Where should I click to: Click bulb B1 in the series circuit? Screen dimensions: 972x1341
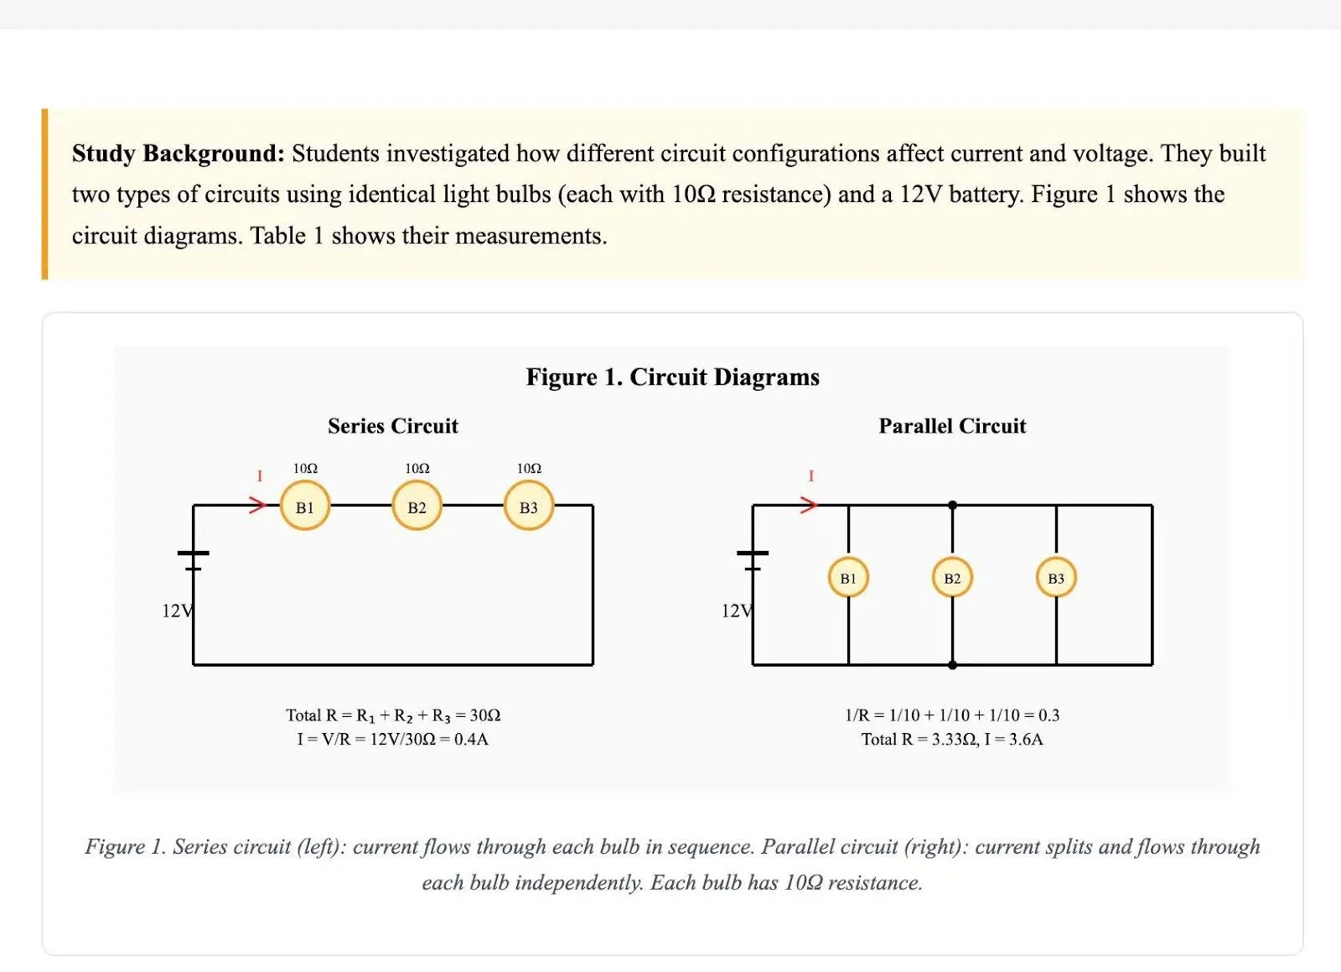[x=304, y=506]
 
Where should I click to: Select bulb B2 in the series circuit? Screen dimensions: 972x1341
[x=417, y=506]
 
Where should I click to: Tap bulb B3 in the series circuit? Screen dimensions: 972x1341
[x=528, y=506]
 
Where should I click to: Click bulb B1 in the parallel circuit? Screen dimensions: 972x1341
[x=848, y=578]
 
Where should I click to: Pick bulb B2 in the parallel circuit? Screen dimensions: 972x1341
[x=952, y=578]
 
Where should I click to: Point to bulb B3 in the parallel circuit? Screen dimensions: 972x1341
[x=1056, y=578]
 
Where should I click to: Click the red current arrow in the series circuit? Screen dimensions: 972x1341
[x=257, y=505]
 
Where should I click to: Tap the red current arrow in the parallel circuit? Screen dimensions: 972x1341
[x=808, y=505]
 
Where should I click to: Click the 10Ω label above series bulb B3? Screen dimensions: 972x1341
[x=529, y=468]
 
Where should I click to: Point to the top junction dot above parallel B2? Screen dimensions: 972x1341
[x=952, y=505]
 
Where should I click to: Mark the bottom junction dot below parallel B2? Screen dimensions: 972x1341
[x=952, y=665]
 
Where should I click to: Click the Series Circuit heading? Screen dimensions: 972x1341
[x=393, y=426]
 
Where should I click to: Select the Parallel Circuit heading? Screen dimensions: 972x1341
[x=952, y=426]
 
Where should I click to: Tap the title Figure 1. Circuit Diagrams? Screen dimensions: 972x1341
[x=672, y=377]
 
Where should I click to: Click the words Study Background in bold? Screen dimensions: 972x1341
[x=178, y=153]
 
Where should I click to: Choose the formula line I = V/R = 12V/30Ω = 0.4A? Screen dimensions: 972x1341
[x=392, y=739]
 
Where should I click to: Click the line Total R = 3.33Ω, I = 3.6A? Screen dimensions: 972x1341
[x=952, y=739]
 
